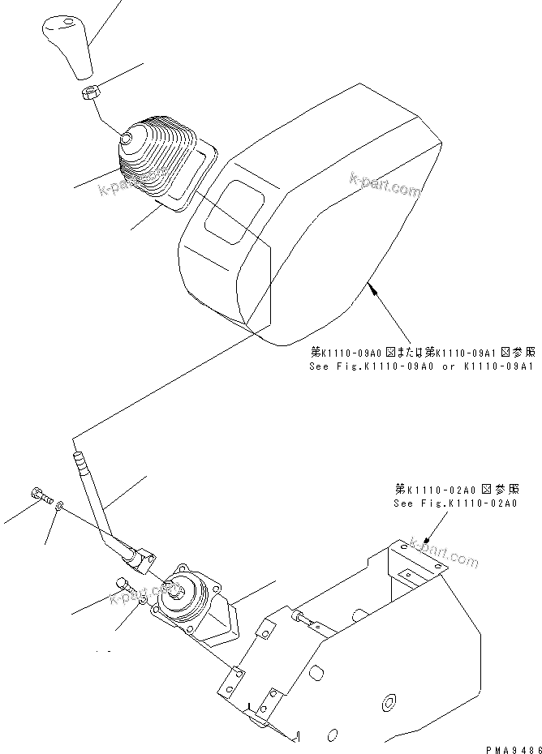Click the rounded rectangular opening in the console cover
[x=234, y=208]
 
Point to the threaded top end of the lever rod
[x=80, y=465]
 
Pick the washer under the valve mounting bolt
[x=142, y=601]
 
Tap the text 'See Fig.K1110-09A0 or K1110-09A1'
[x=422, y=366]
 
